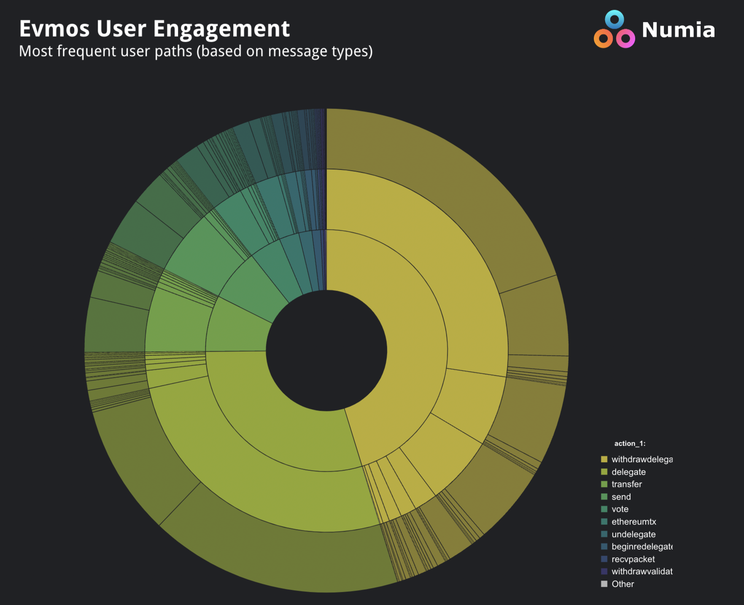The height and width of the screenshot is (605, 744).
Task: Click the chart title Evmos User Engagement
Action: click(x=154, y=29)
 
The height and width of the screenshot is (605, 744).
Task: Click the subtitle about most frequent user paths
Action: click(x=196, y=51)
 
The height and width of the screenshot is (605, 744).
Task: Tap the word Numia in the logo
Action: click(x=678, y=30)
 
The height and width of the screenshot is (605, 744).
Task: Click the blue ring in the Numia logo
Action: click(x=614, y=19)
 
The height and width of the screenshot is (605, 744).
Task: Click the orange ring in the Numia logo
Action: click(x=603, y=39)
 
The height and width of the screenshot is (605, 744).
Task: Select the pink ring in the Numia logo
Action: click(x=625, y=39)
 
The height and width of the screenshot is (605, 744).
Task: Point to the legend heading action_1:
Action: click(x=630, y=443)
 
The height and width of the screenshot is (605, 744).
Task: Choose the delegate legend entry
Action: click(x=628, y=472)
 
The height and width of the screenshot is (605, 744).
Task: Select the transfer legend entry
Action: click(x=626, y=484)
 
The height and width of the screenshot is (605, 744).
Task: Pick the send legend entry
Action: click(x=621, y=497)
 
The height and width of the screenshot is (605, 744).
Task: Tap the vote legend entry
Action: click(x=620, y=509)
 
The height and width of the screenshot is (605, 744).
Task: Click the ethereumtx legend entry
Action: click(x=633, y=522)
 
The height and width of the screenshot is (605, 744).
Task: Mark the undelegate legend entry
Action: click(x=633, y=534)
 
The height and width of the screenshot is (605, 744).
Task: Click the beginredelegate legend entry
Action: click(x=642, y=546)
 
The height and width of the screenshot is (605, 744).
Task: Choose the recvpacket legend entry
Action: click(x=633, y=559)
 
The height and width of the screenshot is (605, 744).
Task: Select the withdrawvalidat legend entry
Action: click(x=642, y=571)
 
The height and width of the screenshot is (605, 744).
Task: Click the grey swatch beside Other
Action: click(x=604, y=584)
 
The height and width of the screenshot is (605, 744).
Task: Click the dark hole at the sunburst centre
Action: click(x=326, y=351)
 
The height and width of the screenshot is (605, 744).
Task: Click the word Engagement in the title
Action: click(x=221, y=29)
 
